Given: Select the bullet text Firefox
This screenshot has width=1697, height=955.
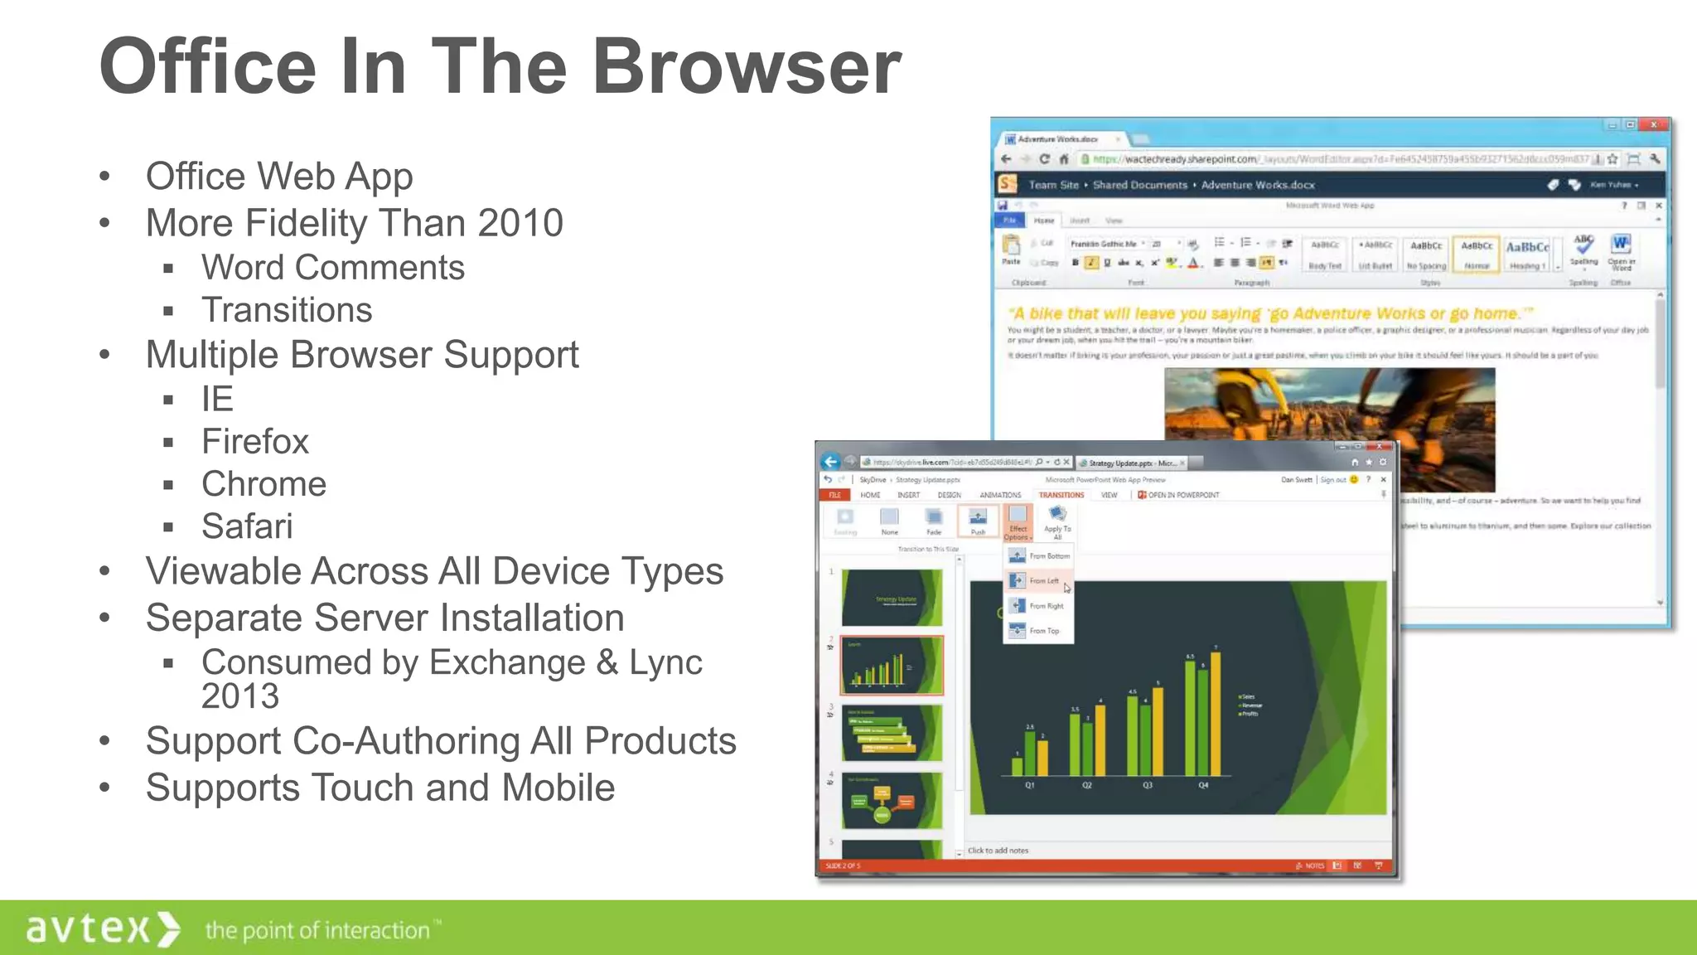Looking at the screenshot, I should [255, 441].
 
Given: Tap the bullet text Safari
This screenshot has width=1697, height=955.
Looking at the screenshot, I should [247, 526].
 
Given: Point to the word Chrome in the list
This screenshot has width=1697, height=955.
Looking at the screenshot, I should [263, 483].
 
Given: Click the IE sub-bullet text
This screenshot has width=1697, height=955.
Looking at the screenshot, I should [217, 399].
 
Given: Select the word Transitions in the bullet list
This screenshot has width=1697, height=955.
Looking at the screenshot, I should [287, 310].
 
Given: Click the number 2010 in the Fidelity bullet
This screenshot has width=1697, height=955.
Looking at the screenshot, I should [520, 223].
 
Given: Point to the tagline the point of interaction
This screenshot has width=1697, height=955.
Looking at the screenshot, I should [318, 930].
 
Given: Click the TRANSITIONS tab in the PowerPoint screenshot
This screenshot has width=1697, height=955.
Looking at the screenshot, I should [1061, 495].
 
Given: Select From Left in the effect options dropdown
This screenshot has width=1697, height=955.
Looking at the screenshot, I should [1043, 581].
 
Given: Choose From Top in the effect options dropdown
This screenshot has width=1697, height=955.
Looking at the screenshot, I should [1043, 631].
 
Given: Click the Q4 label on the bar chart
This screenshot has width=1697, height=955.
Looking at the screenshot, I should [1203, 785].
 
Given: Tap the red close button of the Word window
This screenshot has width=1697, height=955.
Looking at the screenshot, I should [1654, 125].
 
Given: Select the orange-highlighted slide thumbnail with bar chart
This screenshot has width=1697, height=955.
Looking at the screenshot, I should [892, 665].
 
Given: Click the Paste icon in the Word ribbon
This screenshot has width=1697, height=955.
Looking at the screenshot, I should [1011, 248].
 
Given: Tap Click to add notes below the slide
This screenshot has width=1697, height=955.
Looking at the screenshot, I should [998, 851].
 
